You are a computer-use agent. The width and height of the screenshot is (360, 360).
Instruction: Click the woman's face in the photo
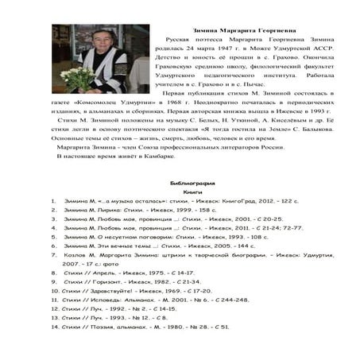coord(102,41)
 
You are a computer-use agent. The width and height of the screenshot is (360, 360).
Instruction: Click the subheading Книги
coord(193,192)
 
